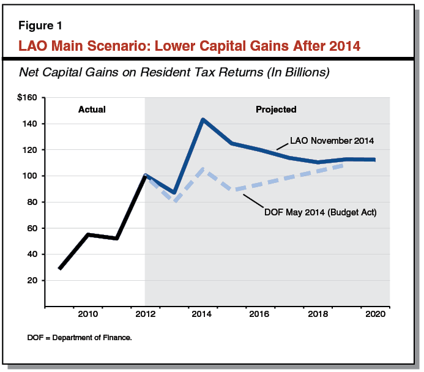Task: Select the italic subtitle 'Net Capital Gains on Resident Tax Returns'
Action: coord(174,72)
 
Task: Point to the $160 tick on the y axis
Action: coord(28,97)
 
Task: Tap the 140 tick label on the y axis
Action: coord(30,124)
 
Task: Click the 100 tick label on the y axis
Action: coord(30,176)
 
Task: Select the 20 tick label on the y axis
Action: coord(32,280)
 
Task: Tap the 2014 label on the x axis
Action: coord(203,314)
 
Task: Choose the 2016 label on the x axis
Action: coord(261,314)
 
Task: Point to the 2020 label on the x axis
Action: coord(375,314)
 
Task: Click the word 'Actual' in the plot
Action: coord(92,110)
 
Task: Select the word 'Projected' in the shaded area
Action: coord(275,110)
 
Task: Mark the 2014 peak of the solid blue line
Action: coord(203,120)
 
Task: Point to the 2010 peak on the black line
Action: coord(88,234)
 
